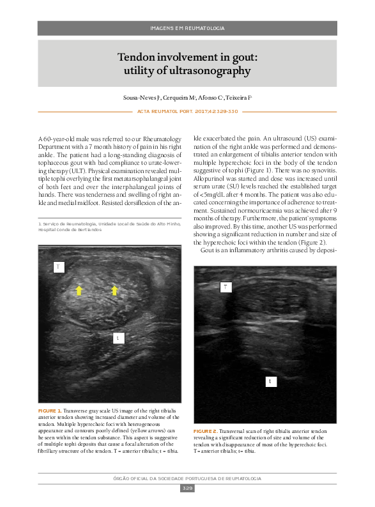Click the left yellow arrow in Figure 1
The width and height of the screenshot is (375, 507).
pos(79,291)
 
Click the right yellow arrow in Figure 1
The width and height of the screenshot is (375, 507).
pos(115,291)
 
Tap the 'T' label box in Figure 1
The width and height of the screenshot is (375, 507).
pos(58,266)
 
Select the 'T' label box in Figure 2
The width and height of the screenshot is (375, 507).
pos(225,287)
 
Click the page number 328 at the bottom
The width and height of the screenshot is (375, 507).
pos(187,488)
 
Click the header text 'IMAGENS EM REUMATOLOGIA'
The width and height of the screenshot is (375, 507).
pos(187,29)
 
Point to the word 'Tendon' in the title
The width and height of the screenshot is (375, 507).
pos(138,57)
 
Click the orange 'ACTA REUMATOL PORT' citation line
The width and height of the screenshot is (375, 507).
pos(187,111)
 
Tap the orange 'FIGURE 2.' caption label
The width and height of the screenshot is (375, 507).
pos(206,432)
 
